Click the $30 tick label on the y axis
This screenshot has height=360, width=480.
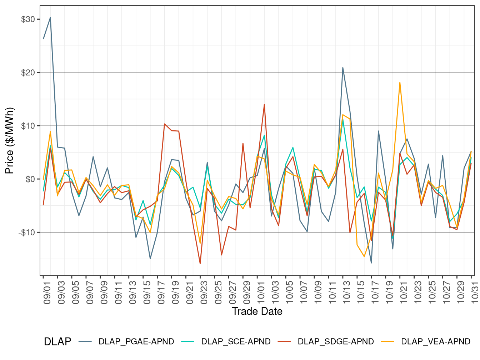pyautogui.click(x=28, y=19)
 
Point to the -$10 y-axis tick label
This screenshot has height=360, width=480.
pyautogui.click(x=27, y=232)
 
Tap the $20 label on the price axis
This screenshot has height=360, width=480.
pyautogui.click(x=28, y=72)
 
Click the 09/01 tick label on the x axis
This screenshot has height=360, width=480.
pyautogui.click(x=47, y=293)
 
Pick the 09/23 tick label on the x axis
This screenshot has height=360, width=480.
pyautogui.click(x=204, y=293)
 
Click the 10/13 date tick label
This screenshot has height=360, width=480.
pyautogui.click(x=347, y=293)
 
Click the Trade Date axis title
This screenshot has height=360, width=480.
pyautogui.click(x=257, y=311)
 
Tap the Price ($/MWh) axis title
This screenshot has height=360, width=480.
pyautogui.click(x=9, y=141)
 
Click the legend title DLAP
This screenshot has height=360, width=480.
pyautogui.click(x=57, y=341)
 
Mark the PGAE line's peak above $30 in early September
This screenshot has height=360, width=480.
pyautogui.click(x=50, y=17)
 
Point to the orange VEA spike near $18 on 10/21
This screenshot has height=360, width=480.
pyautogui.click(x=400, y=82)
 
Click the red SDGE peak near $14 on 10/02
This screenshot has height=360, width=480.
pyautogui.click(x=264, y=105)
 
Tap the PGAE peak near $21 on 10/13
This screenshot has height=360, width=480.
pyautogui.click(x=343, y=67)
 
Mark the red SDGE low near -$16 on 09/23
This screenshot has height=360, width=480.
pyautogui.click(x=200, y=264)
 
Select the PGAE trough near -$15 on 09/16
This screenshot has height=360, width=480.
pyautogui.click(x=150, y=259)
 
